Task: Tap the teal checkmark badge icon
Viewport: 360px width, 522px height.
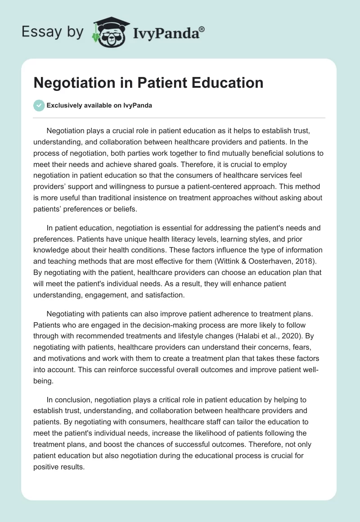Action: pyautogui.click(x=39, y=106)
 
